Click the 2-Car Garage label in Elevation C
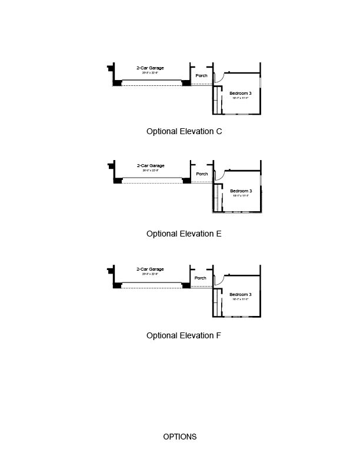pos(150,68)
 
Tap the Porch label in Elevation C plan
pos(201,75)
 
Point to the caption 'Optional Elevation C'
pos(184,132)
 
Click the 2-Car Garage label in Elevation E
pos(150,166)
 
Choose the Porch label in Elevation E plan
pos(201,174)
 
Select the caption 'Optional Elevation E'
pos(184,234)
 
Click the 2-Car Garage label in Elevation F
pos(150,268)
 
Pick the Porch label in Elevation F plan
pos(200,278)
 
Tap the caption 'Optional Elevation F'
pos(184,335)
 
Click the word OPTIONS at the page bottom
pos(180,437)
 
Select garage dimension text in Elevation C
pos(150,73)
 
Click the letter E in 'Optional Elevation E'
pos(218,234)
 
